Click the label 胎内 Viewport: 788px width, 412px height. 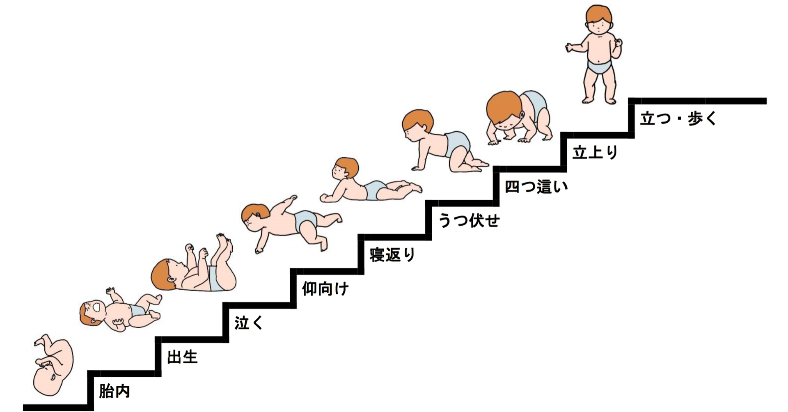(x=115, y=391)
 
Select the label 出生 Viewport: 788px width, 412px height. (x=182, y=357)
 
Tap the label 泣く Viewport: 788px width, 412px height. (x=249, y=323)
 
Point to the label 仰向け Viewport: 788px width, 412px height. (x=325, y=289)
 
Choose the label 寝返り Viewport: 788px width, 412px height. (x=392, y=255)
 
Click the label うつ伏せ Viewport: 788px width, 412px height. (x=469, y=221)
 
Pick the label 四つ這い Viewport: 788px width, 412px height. (x=536, y=187)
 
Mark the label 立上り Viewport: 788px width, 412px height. (x=595, y=153)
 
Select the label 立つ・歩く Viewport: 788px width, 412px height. (x=678, y=119)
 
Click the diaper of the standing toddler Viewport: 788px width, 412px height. (x=600, y=66)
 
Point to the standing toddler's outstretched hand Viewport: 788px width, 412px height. (x=569, y=48)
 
